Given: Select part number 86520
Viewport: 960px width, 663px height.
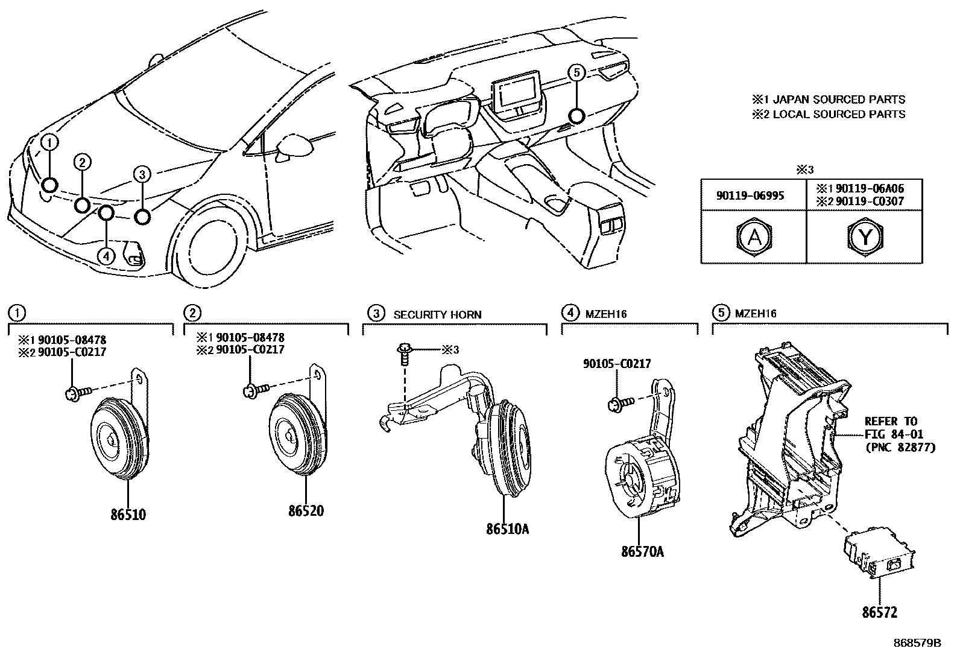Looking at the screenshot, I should click(x=306, y=511).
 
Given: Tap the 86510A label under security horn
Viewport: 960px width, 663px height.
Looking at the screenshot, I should click(x=507, y=529).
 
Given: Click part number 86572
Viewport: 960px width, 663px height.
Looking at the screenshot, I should click(x=879, y=612).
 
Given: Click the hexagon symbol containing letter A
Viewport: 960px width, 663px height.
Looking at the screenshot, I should click(x=754, y=237).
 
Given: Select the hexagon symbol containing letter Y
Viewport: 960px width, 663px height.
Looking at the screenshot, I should click(x=865, y=237).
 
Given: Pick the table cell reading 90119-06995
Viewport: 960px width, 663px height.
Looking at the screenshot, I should click(x=754, y=196).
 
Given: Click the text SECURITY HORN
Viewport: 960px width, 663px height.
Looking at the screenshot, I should click(x=437, y=314).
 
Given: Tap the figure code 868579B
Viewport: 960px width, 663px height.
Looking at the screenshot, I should click(x=917, y=643).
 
